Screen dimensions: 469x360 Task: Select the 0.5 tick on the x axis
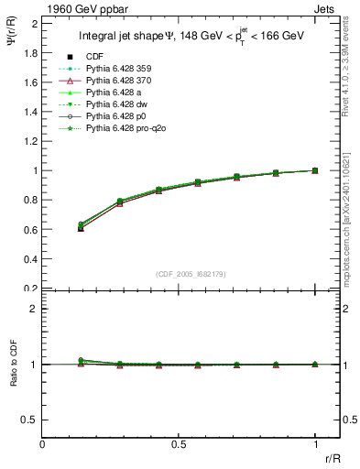179,442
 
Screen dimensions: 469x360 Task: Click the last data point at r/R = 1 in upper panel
315,170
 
